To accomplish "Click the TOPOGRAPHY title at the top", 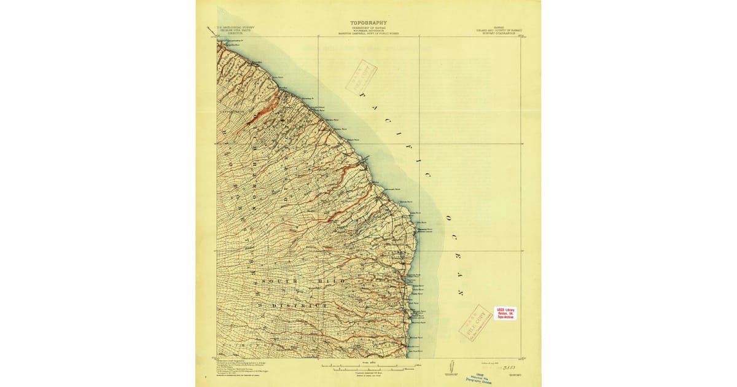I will pos(368,23).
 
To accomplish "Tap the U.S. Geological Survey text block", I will pos(232,31).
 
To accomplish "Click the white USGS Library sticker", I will pos(505,313).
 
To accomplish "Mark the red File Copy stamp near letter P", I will pos(361,75).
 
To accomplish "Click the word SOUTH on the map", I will pos(279,281).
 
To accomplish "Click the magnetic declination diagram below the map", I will pos(451,367).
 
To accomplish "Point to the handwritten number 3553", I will pos(509,367).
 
